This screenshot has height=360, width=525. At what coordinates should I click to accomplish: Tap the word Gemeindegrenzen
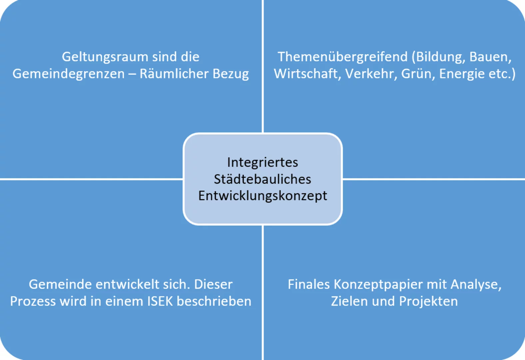pos(68,74)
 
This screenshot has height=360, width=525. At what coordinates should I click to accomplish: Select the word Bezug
pos(231,74)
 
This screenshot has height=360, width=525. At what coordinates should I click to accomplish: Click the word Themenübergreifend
pos(343,57)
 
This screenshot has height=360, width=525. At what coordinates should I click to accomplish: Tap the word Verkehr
pos(371,74)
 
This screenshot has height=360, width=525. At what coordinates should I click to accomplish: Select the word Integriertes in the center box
pos(262,163)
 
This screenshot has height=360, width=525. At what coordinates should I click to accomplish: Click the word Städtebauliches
pos(262,179)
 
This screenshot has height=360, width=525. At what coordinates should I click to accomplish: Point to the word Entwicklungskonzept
pos(262,196)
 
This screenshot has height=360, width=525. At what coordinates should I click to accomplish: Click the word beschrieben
pos(214,301)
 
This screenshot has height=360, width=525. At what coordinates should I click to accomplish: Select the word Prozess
pos(33,302)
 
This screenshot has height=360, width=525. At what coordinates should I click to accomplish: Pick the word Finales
pos(309,284)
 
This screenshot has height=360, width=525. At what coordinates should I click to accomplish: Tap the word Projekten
pos(428,301)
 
